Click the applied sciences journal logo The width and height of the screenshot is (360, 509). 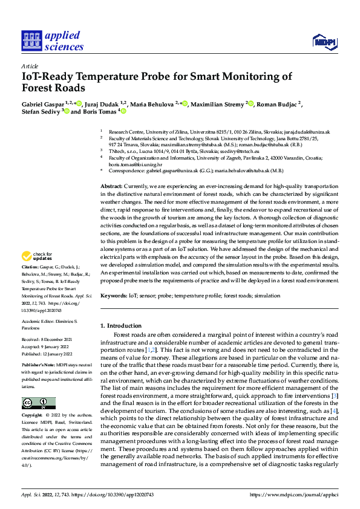tap(53, 42)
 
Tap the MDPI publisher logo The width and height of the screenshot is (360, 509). tap(323, 42)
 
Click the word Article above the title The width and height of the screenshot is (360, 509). tap(29, 66)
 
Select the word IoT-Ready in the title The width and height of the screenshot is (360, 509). tap(51, 77)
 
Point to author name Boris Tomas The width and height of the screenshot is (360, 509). tap(99, 112)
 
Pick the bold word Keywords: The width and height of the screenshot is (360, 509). tap(114, 296)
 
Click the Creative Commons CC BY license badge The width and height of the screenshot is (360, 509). tap(38, 403)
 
